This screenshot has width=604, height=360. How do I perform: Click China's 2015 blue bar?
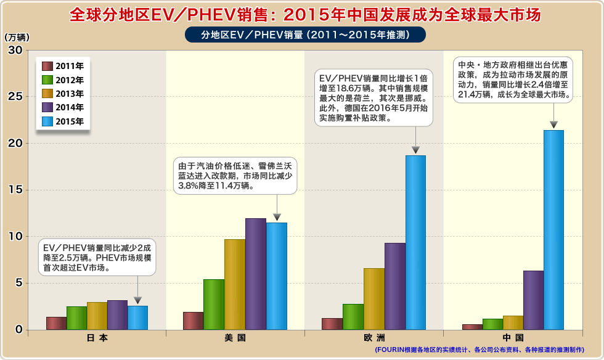[553, 230]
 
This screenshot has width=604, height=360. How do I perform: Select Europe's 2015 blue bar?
[415, 243]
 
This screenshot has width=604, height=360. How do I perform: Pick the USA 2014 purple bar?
[255, 274]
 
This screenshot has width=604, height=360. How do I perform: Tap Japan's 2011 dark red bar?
[56, 324]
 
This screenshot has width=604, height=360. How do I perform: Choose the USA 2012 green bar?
[214, 305]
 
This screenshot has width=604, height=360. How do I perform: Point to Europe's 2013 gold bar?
[374, 299]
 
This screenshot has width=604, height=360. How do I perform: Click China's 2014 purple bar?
[533, 300]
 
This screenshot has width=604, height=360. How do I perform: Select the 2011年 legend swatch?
[47, 66]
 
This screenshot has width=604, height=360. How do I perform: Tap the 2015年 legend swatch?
[47, 121]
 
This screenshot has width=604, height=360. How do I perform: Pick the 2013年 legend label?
[70, 94]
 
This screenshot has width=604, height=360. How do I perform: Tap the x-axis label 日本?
[97, 338]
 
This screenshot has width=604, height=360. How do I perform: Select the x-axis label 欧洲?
[374, 338]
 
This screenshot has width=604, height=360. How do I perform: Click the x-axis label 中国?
[513, 338]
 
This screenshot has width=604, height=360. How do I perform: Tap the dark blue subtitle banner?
[305, 35]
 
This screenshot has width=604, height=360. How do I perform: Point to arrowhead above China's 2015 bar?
[553, 125]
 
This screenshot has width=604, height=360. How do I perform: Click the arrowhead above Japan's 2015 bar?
[137, 300]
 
